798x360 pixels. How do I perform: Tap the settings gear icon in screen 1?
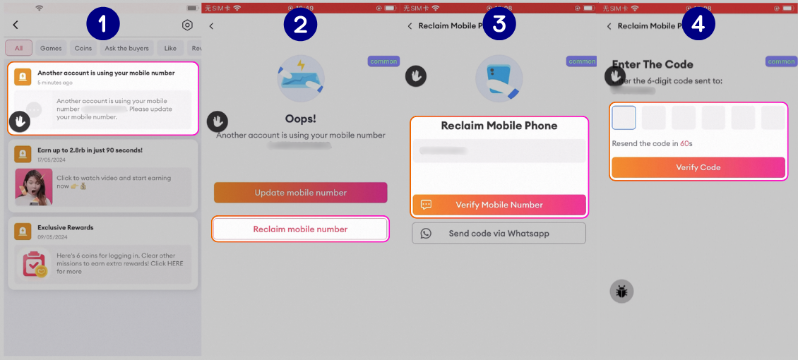[x=187, y=25]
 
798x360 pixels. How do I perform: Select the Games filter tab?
[x=51, y=48]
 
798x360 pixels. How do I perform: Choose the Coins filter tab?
[x=83, y=48]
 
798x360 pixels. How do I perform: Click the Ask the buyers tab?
[x=127, y=48]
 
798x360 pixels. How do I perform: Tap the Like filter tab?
[x=170, y=48]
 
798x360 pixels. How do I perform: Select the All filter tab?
[x=18, y=48]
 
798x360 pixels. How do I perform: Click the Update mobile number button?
[x=301, y=193]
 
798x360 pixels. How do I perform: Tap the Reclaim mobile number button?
[x=301, y=229]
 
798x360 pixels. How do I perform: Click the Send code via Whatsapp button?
[x=499, y=233]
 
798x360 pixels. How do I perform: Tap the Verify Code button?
[x=698, y=167]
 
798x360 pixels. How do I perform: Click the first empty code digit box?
[x=624, y=118]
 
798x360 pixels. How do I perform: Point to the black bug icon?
[x=621, y=291]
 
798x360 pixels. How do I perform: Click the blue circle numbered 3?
[x=499, y=24]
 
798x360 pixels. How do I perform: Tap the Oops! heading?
[x=300, y=119]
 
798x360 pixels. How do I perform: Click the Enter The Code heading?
[x=653, y=64]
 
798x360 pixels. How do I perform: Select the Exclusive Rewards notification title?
[x=66, y=227]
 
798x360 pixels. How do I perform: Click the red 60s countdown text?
[x=686, y=144]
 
